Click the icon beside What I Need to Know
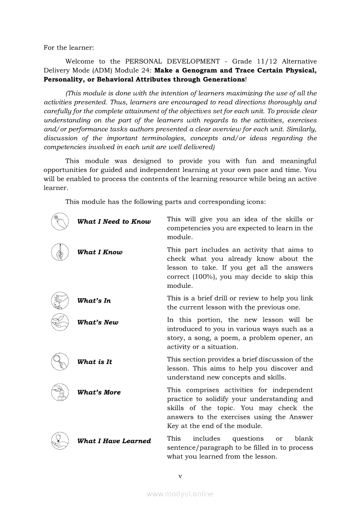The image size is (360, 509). point(60,221)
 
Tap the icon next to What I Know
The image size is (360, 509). point(60,252)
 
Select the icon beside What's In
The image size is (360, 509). point(60,300)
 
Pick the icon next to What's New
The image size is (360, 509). point(60,322)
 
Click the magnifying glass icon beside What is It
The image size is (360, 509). point(60,361)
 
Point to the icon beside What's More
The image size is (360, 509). point(60,392)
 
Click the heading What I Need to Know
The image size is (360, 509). point(114,222)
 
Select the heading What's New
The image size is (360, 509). point(98,323)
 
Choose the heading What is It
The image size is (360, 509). point(95,362)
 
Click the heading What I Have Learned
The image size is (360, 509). point(114,441)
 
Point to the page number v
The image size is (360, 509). point(180,476)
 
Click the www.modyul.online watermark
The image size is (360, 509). point(180,494)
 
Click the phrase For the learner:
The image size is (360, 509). point(68,47)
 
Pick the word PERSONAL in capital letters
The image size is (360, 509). point(143,61)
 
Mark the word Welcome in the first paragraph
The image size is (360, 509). point(79,61)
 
